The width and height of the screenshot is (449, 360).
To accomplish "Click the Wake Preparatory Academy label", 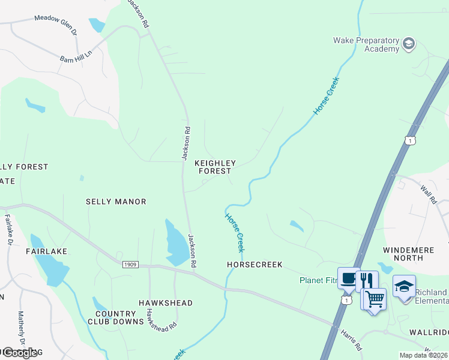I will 366,44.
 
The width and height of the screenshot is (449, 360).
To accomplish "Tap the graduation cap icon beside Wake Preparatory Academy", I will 409,44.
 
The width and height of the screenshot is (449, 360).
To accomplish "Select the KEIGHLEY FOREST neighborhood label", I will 215,167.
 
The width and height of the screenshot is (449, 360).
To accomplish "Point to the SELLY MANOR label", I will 116,202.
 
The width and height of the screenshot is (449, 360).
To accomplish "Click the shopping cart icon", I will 374,298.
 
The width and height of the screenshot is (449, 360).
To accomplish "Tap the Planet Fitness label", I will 319,280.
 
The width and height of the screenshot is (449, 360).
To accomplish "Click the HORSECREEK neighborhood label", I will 255,265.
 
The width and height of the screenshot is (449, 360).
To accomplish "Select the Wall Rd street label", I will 428,193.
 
